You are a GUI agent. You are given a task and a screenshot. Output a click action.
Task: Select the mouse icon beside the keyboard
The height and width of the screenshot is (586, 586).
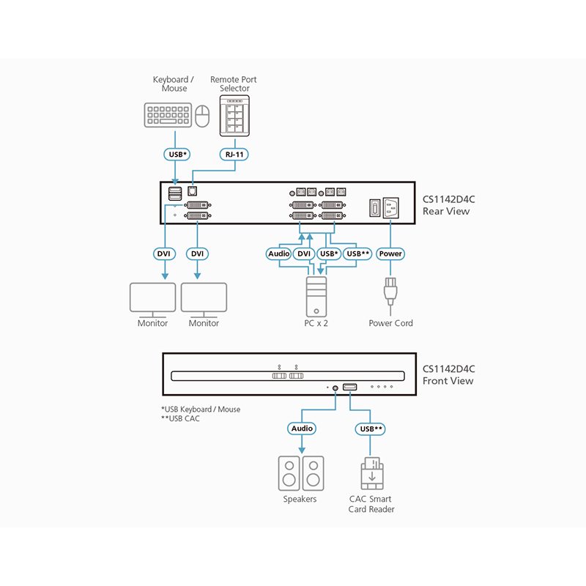[204, 116]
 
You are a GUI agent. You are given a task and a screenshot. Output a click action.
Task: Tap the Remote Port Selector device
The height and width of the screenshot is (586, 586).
[234, 116]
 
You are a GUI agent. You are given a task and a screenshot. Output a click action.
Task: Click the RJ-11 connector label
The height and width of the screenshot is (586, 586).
[235, 155]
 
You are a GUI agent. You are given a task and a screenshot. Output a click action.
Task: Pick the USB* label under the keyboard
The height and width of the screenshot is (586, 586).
[175, 155]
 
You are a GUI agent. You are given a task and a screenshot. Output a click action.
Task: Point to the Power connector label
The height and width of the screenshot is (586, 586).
[390, 253]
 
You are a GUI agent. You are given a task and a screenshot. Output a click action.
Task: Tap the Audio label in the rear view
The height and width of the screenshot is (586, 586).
[279, 253]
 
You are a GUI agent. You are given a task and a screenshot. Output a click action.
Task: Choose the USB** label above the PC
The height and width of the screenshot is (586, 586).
[358, 253]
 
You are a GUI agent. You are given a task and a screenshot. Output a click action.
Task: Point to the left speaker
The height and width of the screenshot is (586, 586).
[289, 474]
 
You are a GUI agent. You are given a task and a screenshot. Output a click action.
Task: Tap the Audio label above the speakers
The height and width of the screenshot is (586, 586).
[302, 429]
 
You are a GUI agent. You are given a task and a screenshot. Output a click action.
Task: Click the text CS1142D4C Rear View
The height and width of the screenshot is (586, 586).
[448, 205]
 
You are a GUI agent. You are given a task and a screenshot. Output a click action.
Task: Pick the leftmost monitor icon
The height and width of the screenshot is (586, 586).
[152, 298]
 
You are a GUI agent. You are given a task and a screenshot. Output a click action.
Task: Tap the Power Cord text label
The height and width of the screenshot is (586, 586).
[391, 323]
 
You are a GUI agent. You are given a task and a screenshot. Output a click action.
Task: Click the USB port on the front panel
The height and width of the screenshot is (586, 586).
[350, 386]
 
